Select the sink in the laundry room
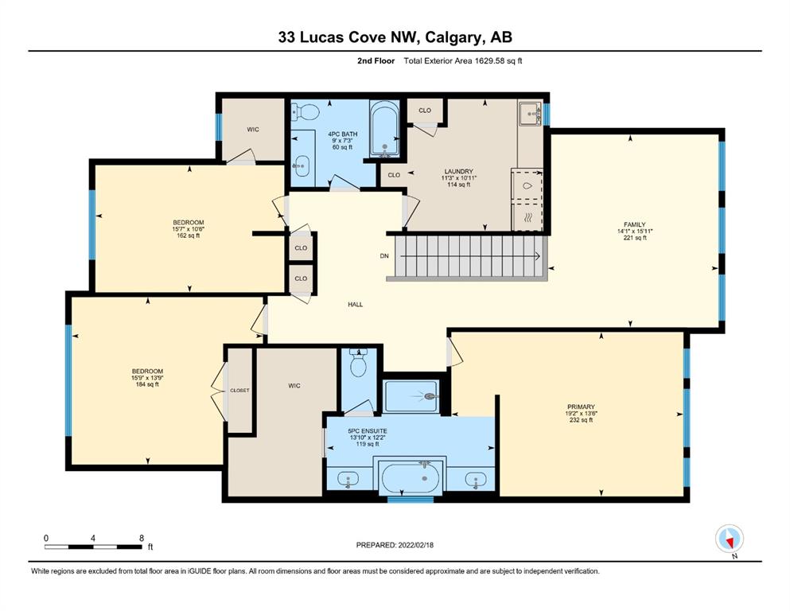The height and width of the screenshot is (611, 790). pyautogui.click(x=530, y=113)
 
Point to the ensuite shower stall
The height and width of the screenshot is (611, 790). pyautogui.click(x=411, y=396)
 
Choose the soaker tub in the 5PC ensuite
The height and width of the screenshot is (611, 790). pyautogui.click(x=410, y=477)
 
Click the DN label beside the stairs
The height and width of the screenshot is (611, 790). pyautogui.click(x=384, y=256)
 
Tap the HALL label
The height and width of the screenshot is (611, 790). pyautogui.click(x=355, y=304)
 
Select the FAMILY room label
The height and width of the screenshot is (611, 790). pyautogui.click(x=635, y=224)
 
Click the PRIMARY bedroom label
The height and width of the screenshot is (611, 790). pyautogui.click(x=581, y=407)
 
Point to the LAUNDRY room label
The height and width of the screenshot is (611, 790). pyautogui.click(x=458, y=171)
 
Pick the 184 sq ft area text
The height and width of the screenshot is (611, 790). pyautogui.click(x=147, y=384)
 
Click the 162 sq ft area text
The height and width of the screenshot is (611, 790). pyautogui.click(x=189, y=235)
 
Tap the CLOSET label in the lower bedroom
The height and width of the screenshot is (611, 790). pyautogui.click(x=239, y=391)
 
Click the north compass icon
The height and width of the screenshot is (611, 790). pyautogui.click(x=730, y=539)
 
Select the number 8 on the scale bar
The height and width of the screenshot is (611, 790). pyautogui.click(x=142, y=538)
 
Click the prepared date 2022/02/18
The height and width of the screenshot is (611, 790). pyautogui.click(x=415, y=545)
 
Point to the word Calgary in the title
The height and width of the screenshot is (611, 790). pyautogui.click(x=453, y=37)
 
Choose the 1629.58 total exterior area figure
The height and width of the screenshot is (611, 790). pyautogui.click(x=491, y=61)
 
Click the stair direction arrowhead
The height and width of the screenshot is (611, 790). pyautogui.click(x=538, y=256)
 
